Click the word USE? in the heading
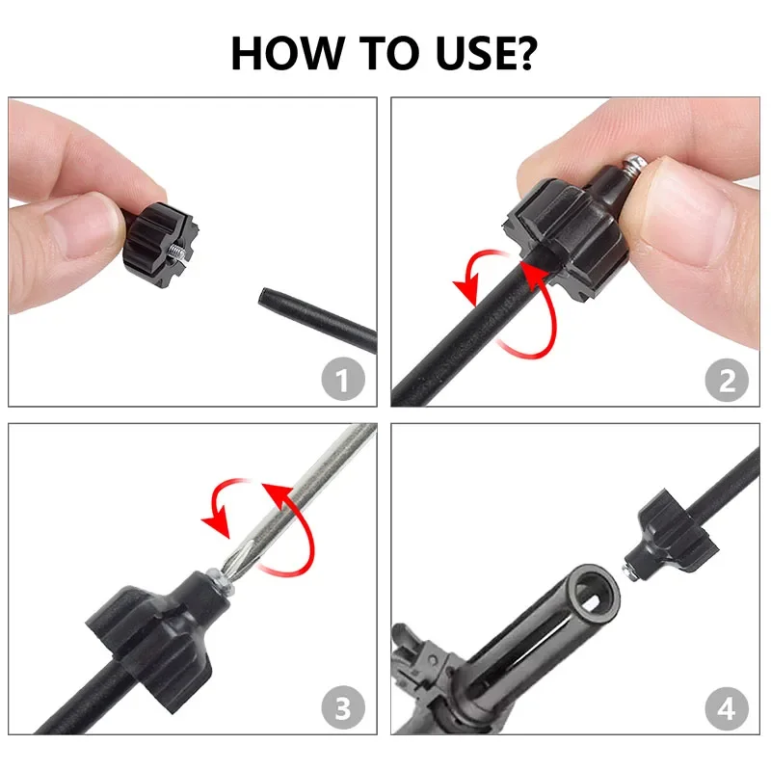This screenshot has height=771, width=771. point(486,53)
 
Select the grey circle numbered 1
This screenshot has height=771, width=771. point(343,379)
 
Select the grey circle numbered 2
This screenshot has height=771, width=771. point(727,380)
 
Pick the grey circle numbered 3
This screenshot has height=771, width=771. point(343,707)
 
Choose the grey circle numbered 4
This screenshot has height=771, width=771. point(727,708)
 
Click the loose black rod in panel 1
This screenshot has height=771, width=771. point(318,319)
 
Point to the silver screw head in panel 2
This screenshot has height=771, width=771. point(633,164)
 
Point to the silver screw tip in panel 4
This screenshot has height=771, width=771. point(630,572)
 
